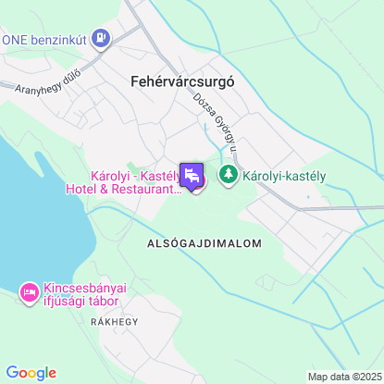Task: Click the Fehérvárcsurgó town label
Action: tap(177, 81)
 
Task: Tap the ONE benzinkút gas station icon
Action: tap(101, 39)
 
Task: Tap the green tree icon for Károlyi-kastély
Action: tap(228, 173)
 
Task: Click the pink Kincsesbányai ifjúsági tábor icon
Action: tap(28, 292)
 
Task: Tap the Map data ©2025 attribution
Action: tap(343, 377)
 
